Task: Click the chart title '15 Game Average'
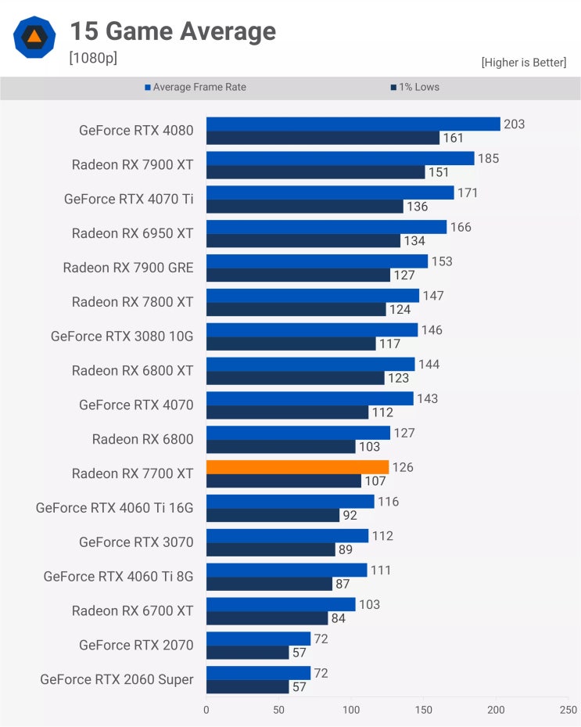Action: pyautogui.click(x=172, y=31)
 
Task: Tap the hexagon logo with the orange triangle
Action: pyautogui.click(x=34, y=37)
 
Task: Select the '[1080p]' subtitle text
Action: pyautogui.click(x=93, y=58)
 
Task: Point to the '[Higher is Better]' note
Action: pyautogui.click(x=523, y=62)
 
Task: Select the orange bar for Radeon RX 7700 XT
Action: pyautogui.click(x=297, y=467)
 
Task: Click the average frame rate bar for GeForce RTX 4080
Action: pyautogui.click(x=353, y=124)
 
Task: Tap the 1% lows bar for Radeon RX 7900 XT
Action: pyautogui.click(x=315, y=172)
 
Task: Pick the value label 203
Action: pyautogui.click(x=515, y=124)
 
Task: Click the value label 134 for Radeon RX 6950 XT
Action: pyautogui.click(x=414, y=241)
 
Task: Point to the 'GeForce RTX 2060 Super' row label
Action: pyautogui.click(x=117, y=679)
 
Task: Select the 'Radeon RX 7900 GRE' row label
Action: pyautogui.click(x=128, y=268)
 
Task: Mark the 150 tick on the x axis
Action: pyautogui.click(x=423, y=710)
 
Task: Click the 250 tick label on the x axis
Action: pyautogui.click(x=568, y=710)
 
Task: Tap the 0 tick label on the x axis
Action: pyautogui.click(x=206, y=710)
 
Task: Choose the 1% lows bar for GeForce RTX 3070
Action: pyautogui.click(x=271, y=549)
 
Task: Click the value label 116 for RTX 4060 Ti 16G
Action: pyautogui.click(x=389, y=502)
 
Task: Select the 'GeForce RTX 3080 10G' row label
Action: pyautogui.click(x=122, y=337)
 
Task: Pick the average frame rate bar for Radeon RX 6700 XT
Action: pyautogui.click(x=281, y=604)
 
